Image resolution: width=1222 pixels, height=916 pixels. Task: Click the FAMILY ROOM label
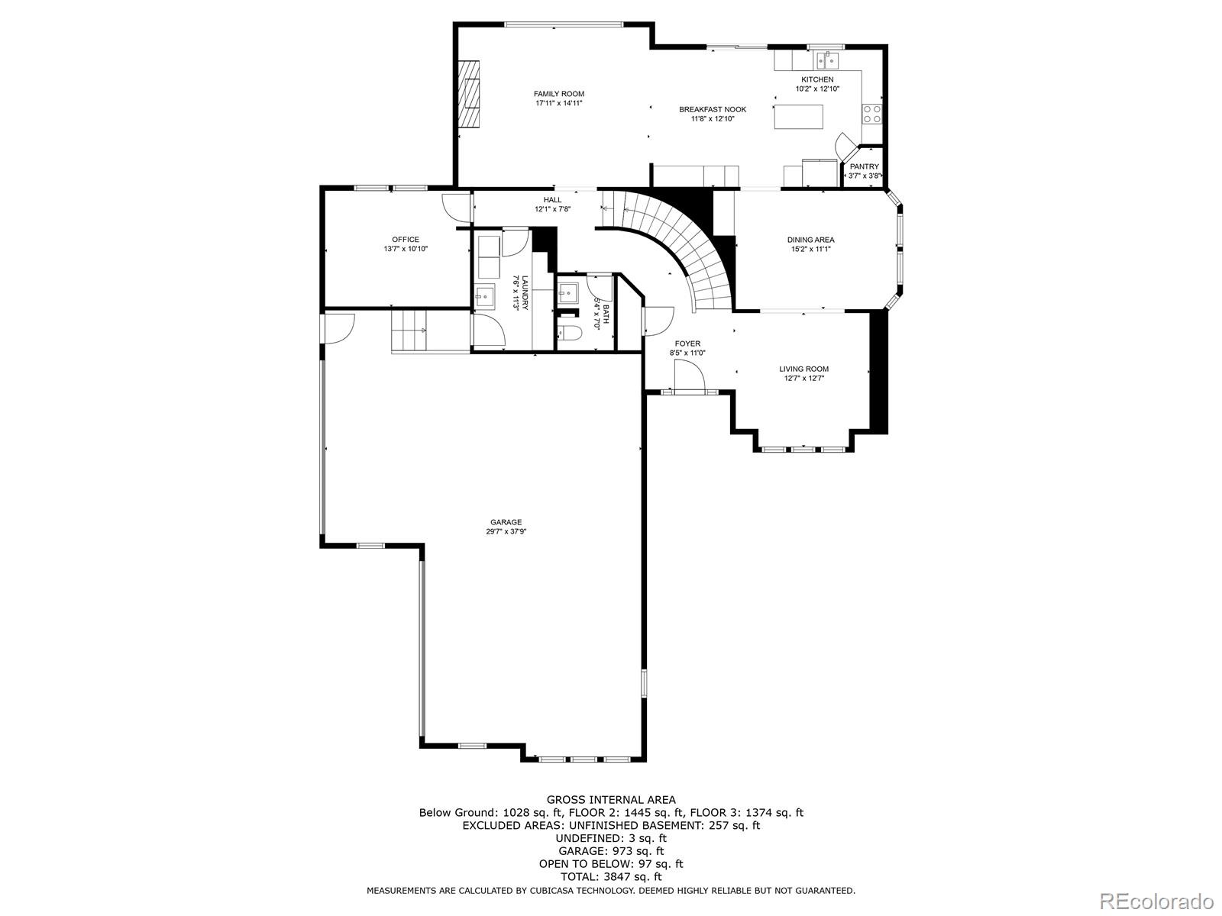click(x=558, y=94)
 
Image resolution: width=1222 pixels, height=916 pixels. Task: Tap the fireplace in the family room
click(x=470, y=95)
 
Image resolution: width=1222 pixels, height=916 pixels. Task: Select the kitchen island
click(x=799, y=117)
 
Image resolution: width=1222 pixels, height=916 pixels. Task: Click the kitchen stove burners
click(x=871, y=114)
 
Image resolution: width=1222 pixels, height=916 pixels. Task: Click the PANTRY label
click(x=864, y=166)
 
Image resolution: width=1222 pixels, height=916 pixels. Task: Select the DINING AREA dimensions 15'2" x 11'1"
click(x=810, y=249)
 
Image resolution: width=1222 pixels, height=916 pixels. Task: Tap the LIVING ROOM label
click(x=803, y=369)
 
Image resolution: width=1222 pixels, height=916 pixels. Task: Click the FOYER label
click(x=687, y=343)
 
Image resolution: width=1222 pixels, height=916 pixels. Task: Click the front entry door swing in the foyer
click(x=687, y=376)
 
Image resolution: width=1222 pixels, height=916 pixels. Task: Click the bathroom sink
click(x=568, y=292)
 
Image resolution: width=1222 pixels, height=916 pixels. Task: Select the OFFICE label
click(x=406, y=240)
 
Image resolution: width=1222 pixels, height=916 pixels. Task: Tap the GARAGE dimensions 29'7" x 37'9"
click(x=506, y=532)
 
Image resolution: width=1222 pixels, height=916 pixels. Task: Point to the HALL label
click(x=552, y=200)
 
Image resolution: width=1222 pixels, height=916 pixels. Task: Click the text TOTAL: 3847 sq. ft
click(x=610, y=877)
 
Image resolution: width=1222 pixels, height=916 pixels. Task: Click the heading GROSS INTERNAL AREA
click(x=610, y=800)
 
